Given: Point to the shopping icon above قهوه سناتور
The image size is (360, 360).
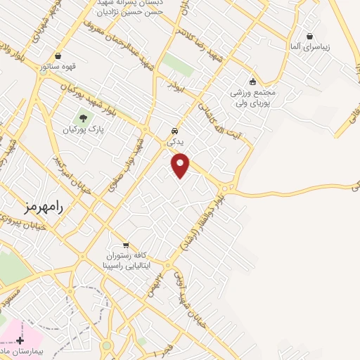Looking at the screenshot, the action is coord(57,56).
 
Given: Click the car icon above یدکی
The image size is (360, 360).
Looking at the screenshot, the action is coord(175,131).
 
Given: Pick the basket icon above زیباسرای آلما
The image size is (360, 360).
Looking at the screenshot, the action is coord(310,36).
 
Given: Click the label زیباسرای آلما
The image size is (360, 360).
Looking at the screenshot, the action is coord(310,46).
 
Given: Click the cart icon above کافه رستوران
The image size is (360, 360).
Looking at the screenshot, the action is coord(126,246).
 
